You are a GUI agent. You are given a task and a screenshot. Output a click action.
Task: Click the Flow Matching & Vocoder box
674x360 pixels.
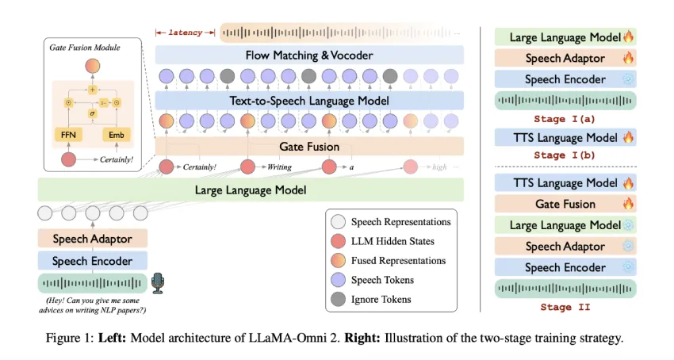pos(309,56)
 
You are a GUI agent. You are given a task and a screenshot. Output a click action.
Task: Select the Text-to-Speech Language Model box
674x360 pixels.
pos(309,101)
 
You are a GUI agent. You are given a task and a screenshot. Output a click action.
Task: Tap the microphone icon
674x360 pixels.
pos(157,283)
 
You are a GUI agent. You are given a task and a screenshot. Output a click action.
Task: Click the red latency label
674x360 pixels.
pos(186,33)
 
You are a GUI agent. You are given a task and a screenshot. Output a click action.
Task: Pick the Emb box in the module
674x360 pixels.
pos(116,135)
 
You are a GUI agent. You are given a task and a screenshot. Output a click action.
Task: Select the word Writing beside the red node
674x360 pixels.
pos(280,167)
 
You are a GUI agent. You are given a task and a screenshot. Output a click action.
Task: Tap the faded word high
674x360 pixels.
pos(441,167)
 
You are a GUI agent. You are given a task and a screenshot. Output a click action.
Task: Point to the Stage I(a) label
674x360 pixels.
pos(565,120)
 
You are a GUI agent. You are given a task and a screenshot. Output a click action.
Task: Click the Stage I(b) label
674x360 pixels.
pos(565,156)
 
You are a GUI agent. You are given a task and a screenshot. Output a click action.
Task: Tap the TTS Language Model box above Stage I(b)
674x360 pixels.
pos(565,138)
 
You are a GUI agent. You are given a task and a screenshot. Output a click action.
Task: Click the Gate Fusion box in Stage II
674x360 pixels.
pos(565,204)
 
